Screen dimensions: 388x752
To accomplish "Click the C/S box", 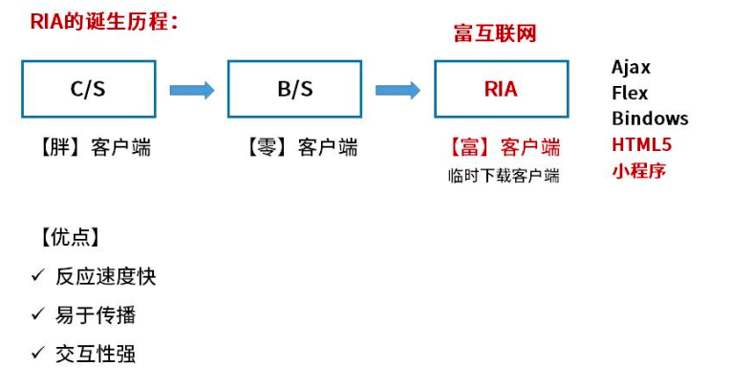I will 88,90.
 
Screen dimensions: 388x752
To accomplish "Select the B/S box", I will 294,90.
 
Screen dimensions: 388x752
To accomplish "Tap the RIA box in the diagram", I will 501,90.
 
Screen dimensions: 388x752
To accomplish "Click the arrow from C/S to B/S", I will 191,90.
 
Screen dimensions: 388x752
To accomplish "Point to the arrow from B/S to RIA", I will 397,90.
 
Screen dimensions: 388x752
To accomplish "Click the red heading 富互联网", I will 494,34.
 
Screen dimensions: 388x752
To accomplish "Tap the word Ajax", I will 631,67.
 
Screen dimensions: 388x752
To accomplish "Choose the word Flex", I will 630,93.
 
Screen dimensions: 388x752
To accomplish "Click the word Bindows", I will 650,119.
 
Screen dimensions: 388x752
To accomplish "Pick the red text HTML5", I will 641,145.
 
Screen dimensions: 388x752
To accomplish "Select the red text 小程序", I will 638,171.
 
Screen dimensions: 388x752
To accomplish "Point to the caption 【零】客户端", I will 300,147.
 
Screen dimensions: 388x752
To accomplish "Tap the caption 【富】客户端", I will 504,147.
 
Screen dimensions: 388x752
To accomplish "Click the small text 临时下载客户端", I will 504,175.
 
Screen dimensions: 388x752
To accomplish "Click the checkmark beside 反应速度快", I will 38,275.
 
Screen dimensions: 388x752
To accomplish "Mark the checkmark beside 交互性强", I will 38,353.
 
